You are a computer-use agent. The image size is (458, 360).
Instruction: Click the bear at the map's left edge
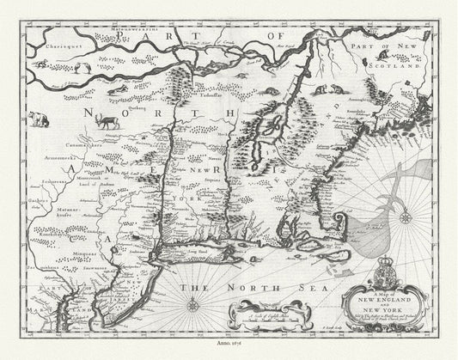point(39,119)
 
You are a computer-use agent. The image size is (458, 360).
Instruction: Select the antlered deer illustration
point(108,119)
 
